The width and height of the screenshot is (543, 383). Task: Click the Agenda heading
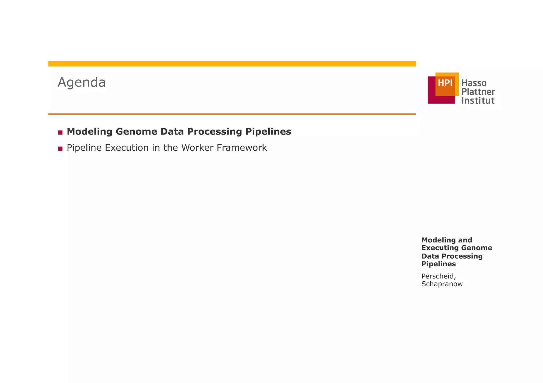(82, 82)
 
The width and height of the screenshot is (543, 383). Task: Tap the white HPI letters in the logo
(445, 83)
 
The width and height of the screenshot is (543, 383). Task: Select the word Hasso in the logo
(474, 83)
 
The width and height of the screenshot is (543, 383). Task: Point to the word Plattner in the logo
(478, 92)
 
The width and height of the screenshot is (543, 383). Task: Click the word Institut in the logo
(478, 101)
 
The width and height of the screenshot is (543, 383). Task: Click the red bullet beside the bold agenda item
(60, 132)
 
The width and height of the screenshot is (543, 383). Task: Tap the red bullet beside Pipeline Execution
(60, 148)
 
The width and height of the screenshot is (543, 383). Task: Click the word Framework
(242, 148)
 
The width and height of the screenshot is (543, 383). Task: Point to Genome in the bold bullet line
(137, 132)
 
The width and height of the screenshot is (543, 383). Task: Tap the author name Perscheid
(439, 276)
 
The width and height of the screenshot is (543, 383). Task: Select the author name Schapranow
(442, 284)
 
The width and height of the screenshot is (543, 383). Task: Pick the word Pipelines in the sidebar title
(439, 264)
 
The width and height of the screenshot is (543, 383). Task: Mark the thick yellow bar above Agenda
(232, 64)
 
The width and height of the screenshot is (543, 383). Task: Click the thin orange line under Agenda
(232, 114)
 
